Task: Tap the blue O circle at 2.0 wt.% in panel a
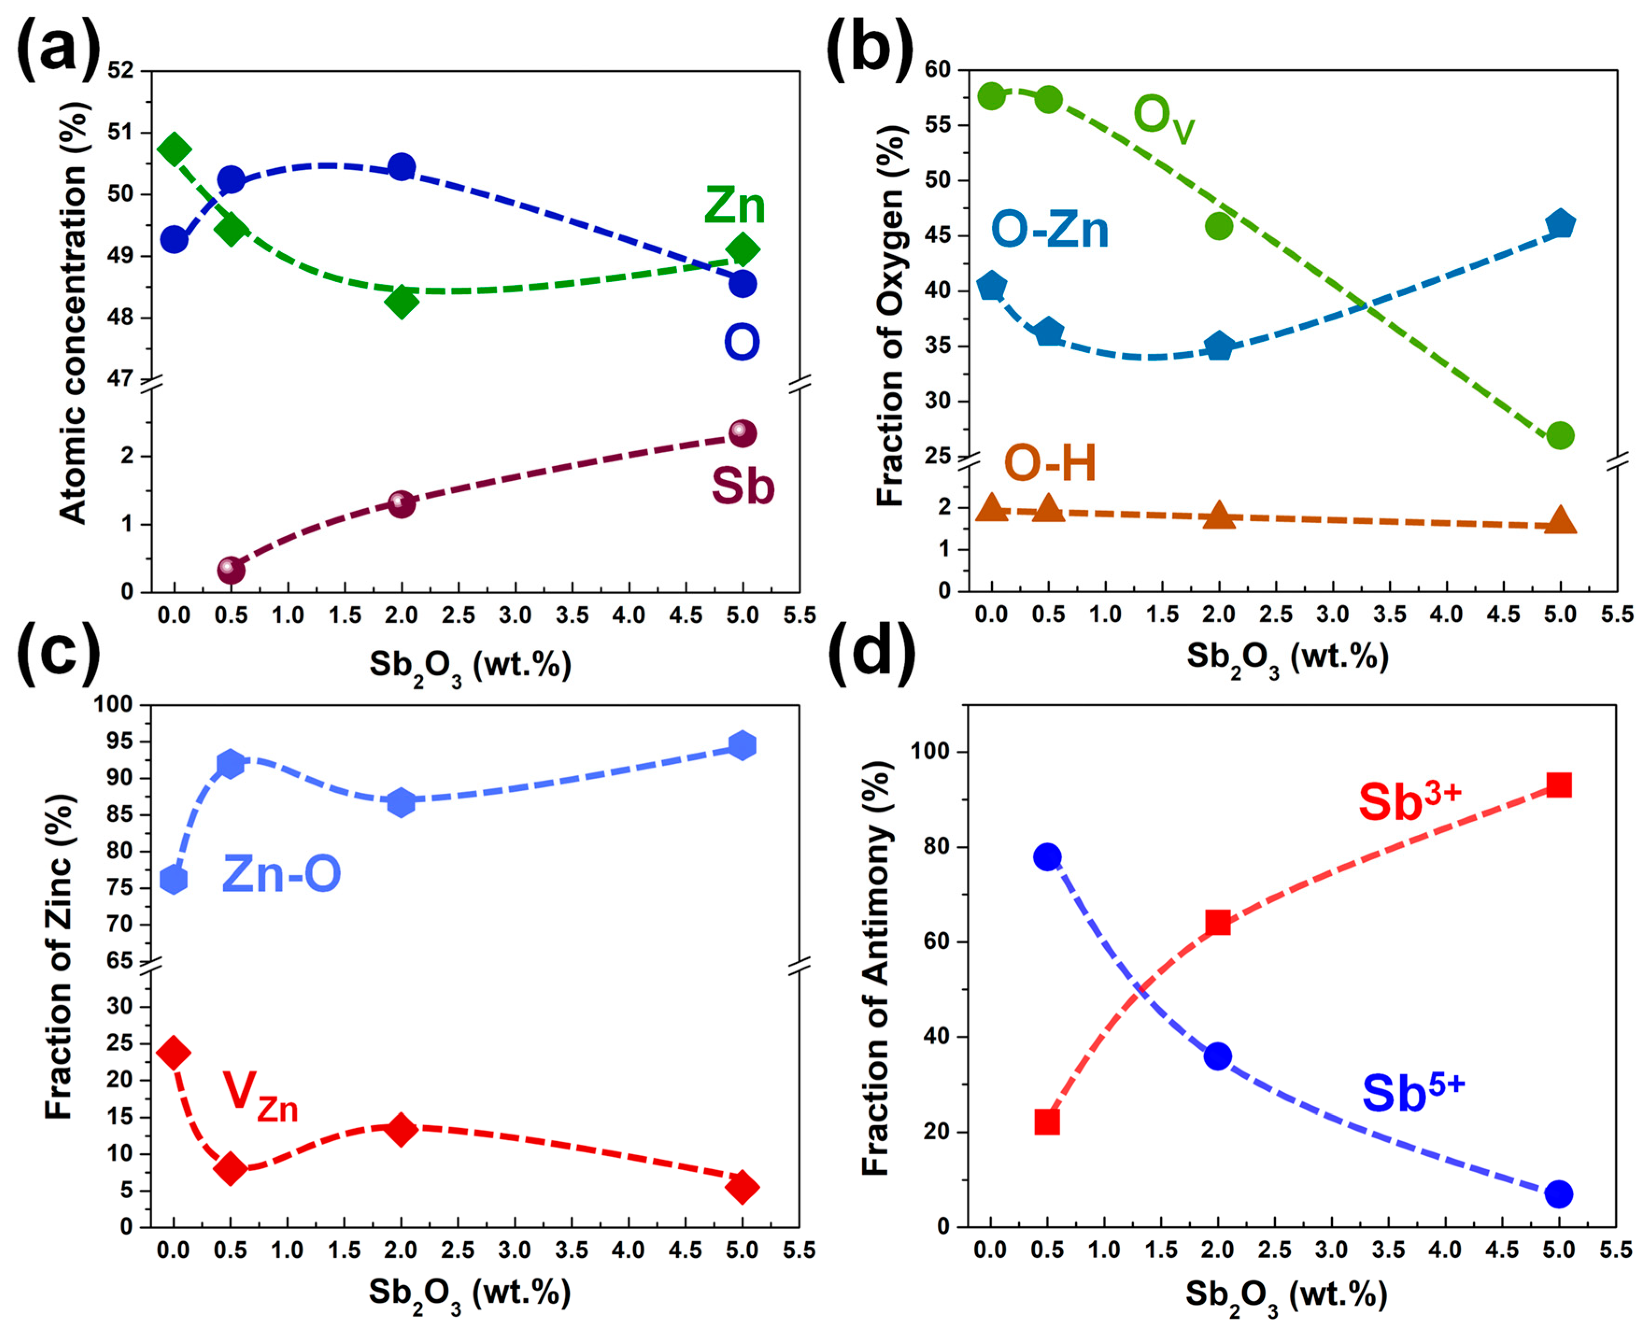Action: (402, 167)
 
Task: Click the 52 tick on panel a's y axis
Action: (120, 71)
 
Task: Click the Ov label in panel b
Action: (1163, 119)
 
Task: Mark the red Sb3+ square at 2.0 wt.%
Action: (1218, 923)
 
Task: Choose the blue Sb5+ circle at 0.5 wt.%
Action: (1047, 857)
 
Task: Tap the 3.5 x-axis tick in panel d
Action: (1388, 1251)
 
